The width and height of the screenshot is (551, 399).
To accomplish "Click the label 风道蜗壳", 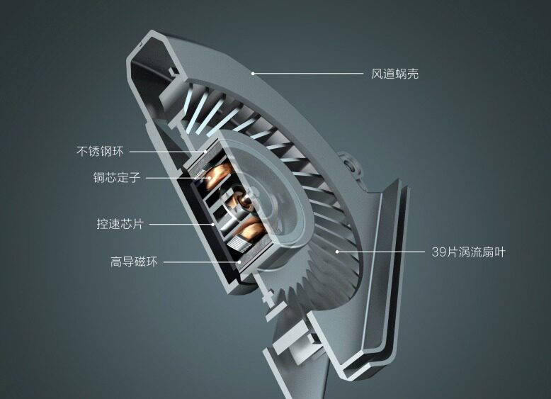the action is pyautogui.click(x=395, y=74).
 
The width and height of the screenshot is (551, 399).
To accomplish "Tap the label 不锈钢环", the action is pyautogui.click(x=100, y=152).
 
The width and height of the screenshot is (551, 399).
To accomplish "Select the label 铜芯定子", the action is pyautogui.click(x=117, y=177).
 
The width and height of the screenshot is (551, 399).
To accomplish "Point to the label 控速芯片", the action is pyautogui.click(x=120, y=224).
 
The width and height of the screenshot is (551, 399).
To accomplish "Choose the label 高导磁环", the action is pyautogui.click(x=134, y=262).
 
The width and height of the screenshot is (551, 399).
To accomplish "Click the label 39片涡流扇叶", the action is pyautogui.click(x=468, y=252).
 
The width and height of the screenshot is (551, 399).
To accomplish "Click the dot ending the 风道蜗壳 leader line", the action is pyautogui.click(x=253, y=74).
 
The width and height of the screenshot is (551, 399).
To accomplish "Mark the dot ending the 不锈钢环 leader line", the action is pyautogui.click(x=206, y=152).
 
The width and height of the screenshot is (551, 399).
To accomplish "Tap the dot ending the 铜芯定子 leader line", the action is pyautogui.click(x=210, y=178).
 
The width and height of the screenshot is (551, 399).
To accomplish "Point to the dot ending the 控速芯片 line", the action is pyautogui.click(x=213, y=224).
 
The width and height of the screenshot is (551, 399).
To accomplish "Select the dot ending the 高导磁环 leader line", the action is pyautogui.click(x=239, y=262).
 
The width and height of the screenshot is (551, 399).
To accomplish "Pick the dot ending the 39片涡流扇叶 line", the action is pyautogui.click(x=337, y=252).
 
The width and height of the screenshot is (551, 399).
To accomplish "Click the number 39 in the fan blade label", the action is pyautogui.click(x=438, y=252).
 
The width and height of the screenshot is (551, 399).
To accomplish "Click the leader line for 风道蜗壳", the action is pyautogui.click(x=308, y=74).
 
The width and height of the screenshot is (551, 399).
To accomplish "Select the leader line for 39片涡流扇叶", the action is pyautogui.click(x=381, y=252).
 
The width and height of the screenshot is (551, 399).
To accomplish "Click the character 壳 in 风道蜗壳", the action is pyautogui.click(x=413, y=74).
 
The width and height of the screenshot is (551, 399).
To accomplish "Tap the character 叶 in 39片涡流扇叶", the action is pyautogui.click(x=500, y=252).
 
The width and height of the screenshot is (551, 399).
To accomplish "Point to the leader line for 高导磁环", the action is pyautogui.click(x=201, y=262).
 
